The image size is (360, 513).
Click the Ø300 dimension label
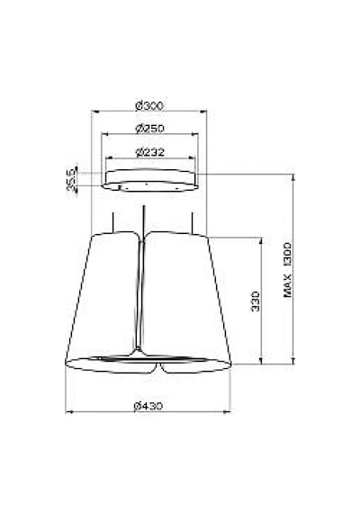click(149, 106)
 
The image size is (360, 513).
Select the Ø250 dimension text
click(150, 128)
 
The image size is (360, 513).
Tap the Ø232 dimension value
click(150, 152)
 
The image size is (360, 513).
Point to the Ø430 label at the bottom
click(148, 406)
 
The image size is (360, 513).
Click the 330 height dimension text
click(256, 301)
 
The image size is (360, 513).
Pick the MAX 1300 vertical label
click(288, 270)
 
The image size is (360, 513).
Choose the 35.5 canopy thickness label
click(71, 179)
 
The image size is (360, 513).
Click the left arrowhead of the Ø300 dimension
click(94, 112)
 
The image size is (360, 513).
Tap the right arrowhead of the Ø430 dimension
click(227, 412)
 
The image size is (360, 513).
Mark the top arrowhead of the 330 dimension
click(261, 240)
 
